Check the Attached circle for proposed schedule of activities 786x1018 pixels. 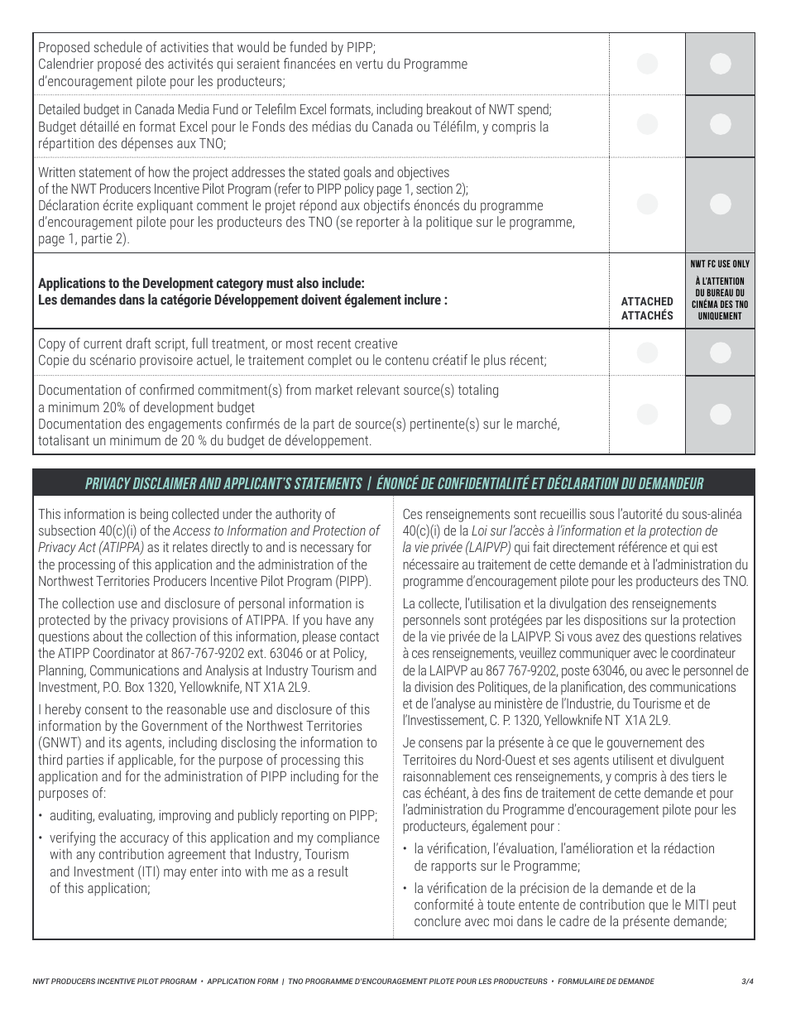pyautogui.click(x=648, y=64)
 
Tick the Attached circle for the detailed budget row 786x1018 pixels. pyautogui.click(x=648, y=124)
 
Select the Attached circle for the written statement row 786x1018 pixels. pyautogui.click(x=648, y=204)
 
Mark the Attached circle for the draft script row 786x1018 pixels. pyautogui.click(x=648, y=353)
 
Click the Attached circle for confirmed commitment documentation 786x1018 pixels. pyautogui.click(x=648, y=415)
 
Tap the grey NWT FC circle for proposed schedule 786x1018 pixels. pyautogui.click(x=721, y=64)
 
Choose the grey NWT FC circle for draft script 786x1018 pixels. pyautogui.click(x=721, y=353)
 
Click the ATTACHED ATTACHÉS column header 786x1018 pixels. pyautogui.click(x=647, y=308)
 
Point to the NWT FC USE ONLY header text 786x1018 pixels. pyautogui.click(x=720, y=264)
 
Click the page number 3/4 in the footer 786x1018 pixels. pyautogui.click(x=748, y=982)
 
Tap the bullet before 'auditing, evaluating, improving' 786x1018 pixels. pyautogui.click(x=41, y=816)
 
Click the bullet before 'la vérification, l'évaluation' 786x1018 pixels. pyautogui.click(x=405, y=849)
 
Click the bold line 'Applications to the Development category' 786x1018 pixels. pyautogui.click(x=201, y=284)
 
